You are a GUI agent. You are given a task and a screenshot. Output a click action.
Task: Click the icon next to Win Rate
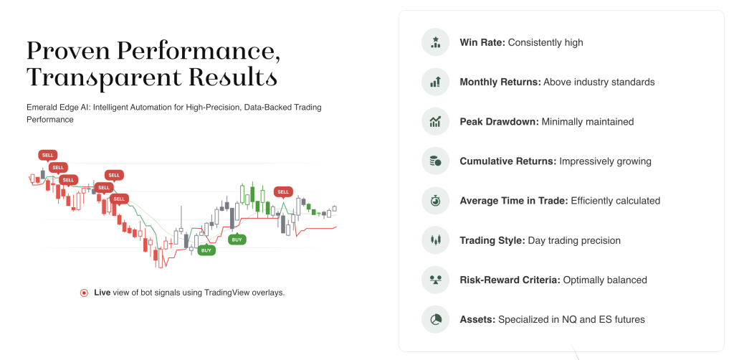click(435, 42)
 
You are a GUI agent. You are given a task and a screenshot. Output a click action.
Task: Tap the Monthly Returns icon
click(435, 82)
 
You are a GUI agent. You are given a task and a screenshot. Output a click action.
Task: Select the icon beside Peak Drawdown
click(435, 122)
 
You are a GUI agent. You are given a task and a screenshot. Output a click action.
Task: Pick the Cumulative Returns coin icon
click(435, 161)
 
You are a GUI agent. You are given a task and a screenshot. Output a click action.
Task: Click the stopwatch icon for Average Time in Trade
click(435, 201)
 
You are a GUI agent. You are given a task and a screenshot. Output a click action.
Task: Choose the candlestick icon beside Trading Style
click(435, 241)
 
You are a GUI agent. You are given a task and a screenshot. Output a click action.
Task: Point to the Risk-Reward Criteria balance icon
click(435, 280)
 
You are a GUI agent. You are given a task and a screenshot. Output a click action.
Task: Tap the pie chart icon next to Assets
click(435, 320)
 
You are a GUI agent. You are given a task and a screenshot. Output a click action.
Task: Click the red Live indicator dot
click(85, 293)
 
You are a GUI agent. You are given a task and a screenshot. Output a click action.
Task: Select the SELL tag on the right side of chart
click(283, 192)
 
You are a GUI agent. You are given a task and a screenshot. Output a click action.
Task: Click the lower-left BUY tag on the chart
click(206, 250)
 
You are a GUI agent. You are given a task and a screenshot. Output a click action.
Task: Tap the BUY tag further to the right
click(237, 240)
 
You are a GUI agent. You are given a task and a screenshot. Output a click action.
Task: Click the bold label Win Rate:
click(482, 42)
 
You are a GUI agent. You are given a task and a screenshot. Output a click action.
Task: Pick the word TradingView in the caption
click(227, 293)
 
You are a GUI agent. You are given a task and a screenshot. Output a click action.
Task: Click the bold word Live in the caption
click(102, 293)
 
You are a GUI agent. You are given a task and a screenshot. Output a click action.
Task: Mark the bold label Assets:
click(477, 320)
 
